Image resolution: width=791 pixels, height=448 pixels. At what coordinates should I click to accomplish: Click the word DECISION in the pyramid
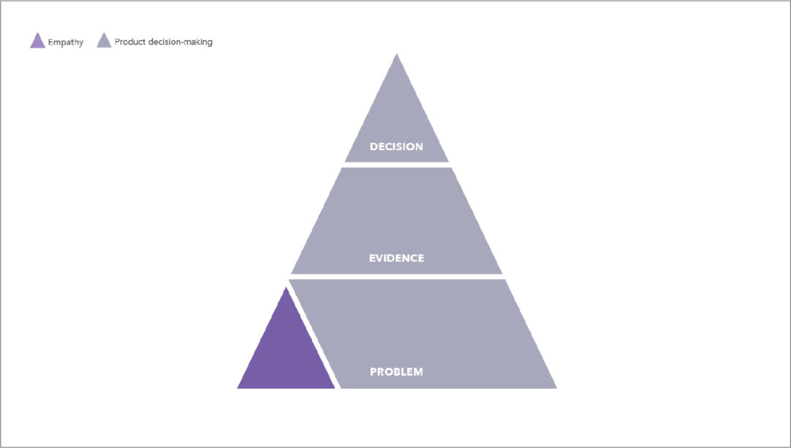click(x=396, y=146)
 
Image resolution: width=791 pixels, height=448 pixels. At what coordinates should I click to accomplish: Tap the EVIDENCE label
click(x=396, y=258)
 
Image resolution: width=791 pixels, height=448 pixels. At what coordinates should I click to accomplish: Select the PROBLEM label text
click(x=396, y=372)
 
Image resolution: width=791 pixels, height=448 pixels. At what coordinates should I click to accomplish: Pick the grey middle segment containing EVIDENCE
click(x=396, y=221)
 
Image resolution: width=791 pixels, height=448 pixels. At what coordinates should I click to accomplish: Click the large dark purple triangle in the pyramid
click(x=286, y=353)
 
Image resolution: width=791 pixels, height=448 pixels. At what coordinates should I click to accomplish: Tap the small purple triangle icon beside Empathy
click(x=38, y=42)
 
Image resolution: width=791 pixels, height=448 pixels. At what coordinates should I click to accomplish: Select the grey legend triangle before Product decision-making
click(x=104, y=42)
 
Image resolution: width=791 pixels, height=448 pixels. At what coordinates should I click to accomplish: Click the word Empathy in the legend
click(x=66, y=42)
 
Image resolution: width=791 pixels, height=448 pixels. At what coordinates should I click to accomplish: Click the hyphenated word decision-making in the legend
click(x=182, y=42)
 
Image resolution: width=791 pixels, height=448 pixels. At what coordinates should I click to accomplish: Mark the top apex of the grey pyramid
click(x=397, y=53)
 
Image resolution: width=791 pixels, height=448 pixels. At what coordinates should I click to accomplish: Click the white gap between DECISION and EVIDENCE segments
click(x=396, y=165)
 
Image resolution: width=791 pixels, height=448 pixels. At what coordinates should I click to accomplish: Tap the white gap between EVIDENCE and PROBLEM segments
click(x=396, y=277)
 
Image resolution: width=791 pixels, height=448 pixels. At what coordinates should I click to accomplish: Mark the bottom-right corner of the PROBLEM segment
click(x=557, y=388)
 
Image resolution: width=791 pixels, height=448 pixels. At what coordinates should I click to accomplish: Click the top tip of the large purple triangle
click(x=286, y=287)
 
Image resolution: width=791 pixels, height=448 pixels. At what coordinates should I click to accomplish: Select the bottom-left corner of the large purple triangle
click(x=237, y=388)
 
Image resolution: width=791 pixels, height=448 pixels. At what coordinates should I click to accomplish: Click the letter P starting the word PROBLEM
click(x=374, y=372)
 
